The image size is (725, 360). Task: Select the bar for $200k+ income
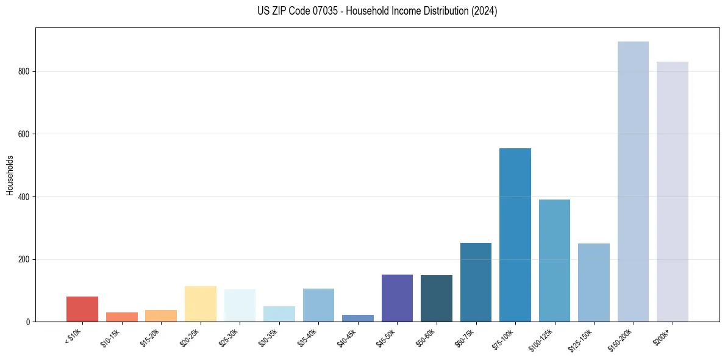[x=672, y=192]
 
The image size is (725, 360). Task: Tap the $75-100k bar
[x=515, y=235]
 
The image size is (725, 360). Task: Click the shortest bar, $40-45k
[x=358, y=319]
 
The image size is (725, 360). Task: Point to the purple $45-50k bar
[x=397, y=298]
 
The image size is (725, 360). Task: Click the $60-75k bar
[x=476, y=282]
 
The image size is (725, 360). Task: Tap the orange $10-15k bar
[x=122, y=317]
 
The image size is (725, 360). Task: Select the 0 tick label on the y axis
[x=28, y=322]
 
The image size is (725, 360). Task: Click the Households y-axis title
[x=10, y=175]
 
